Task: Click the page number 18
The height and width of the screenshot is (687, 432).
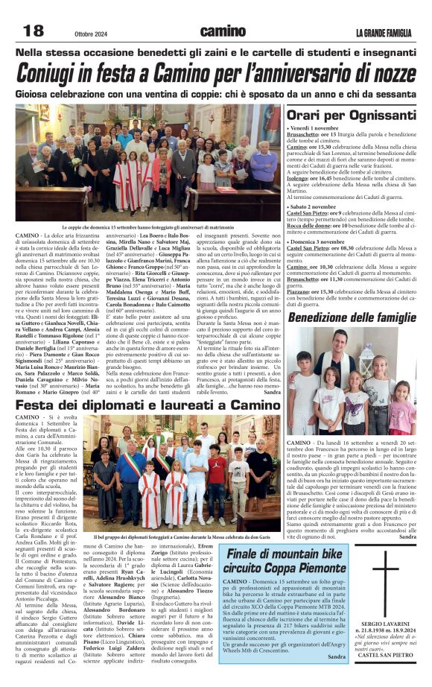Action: [x=34, y=30]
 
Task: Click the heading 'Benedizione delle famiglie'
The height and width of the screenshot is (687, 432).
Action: [x=352, y=317]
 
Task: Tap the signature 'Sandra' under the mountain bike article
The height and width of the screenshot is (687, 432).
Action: [x=337, y=656]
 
